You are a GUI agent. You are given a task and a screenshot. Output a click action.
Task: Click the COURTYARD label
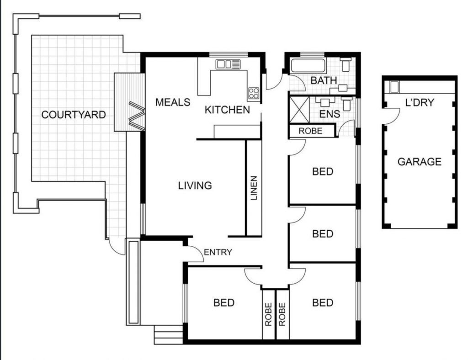pyautogui.click(x=74, y=115)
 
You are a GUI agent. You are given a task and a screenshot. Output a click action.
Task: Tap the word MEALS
pyautogui.click(x=173, y=102)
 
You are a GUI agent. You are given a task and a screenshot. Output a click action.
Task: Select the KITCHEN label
pyautogui.click(x=227, y=110)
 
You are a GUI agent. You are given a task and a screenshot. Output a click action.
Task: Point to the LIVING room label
pyautogui.click(x=195, y=185)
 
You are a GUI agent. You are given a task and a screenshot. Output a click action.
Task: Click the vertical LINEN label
pyautogui.click(x=254, y=188)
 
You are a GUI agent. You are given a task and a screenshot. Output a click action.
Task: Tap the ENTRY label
pyautogui.click(x=218, y=252)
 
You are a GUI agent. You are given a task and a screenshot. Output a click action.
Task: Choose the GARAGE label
pyautogui.click(x=420, y=162)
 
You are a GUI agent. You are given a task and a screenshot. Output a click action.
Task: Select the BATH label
pyautogui.click(x=324, y=80)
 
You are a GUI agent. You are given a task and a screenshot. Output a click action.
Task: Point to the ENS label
pyautogui.click(x=330, y=114)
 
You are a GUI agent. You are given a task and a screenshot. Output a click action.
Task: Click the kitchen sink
pyautogui.click(x=228, y=64)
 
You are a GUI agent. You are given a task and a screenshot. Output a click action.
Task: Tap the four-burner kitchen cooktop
pyautogui.click(x=254, y=93)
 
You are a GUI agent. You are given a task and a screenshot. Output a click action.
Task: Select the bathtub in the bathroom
pyautogui.click(x=308, y=66)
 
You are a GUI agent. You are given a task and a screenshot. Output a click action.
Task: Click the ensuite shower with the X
pyautogui.click(x=299, y=110)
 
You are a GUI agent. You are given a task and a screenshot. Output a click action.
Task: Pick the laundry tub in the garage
pyautogui.click(x=394, y=87)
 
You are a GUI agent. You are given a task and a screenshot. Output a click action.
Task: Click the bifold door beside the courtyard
pyautogui.click(x=137, y=116)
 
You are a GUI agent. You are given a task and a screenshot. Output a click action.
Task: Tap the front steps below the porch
pyautogui.click(x=168, y=335)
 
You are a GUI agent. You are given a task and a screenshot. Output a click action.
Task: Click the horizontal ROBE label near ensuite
pyautogui.click(x=310, y=131)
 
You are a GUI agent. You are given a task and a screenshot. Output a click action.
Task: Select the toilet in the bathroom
pyautogui.click(x=346, y=64)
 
